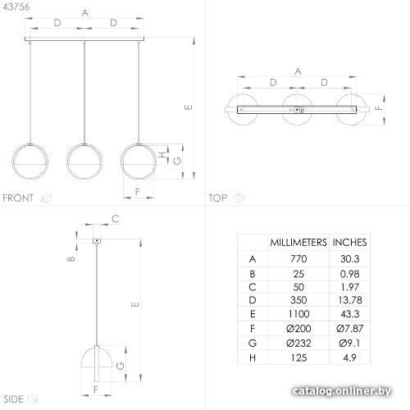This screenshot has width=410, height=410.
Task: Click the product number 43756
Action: pos(16,7)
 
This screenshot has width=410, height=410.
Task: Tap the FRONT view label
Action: pos(18,198)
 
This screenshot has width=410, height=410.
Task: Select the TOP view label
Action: pos(218,198)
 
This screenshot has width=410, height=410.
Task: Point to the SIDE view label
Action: pos(14,399)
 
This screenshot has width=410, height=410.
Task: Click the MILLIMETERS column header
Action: pos(298,243)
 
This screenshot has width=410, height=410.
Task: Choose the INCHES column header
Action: pos(349,243)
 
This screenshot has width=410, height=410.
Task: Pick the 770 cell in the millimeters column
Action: pos(298,258)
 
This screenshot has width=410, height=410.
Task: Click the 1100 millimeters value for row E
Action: pos(298,314)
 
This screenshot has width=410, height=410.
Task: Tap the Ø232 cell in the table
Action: pos(298,343)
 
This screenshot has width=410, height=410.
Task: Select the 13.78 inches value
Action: pos(350,300)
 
